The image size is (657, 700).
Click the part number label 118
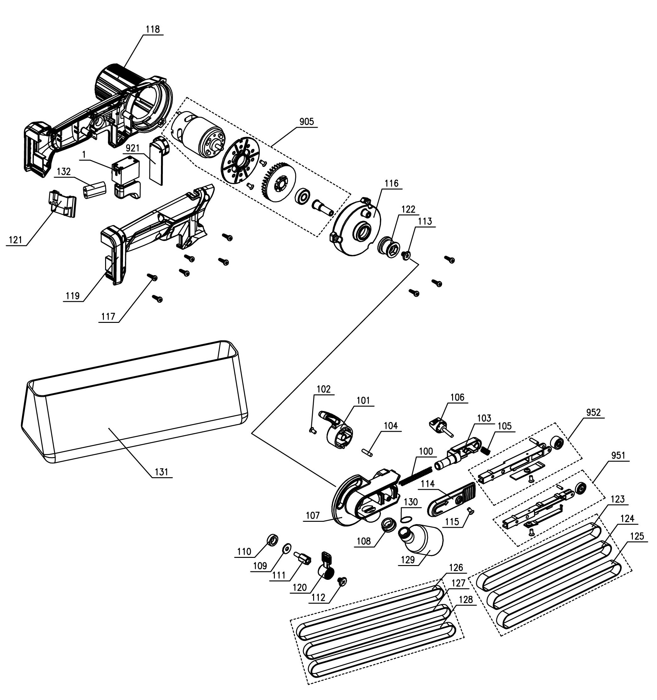tap(152, 29)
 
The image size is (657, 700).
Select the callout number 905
tap(306, 122)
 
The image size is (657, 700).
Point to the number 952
tap(593, 412)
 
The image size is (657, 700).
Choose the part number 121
tap(15, 240)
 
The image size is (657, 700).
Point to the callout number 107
tap(312, 516)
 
